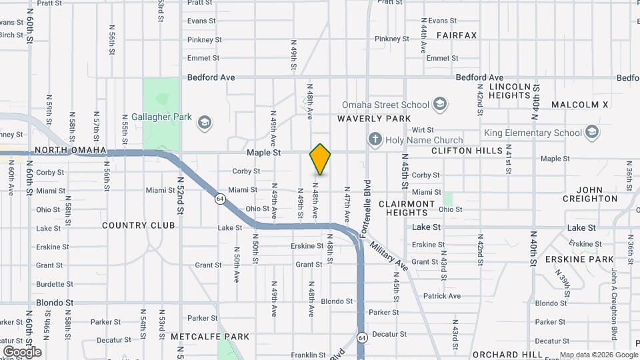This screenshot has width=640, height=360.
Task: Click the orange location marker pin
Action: coord(320,159)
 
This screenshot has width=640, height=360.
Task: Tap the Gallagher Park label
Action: coord(161,117)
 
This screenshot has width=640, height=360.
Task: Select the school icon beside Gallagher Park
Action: coord(205,122)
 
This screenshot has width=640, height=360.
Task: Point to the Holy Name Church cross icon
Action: coord(375,140)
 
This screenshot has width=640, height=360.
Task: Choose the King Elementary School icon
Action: coord(591,132)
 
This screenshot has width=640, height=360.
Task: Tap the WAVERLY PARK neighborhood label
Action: coord(374,119)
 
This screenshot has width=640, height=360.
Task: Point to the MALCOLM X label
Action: coord(580,105)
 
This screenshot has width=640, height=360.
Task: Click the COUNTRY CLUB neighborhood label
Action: coord(139,225)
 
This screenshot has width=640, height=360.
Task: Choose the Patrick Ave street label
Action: coord(441,296)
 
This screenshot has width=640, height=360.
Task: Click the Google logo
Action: coord(22,351)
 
